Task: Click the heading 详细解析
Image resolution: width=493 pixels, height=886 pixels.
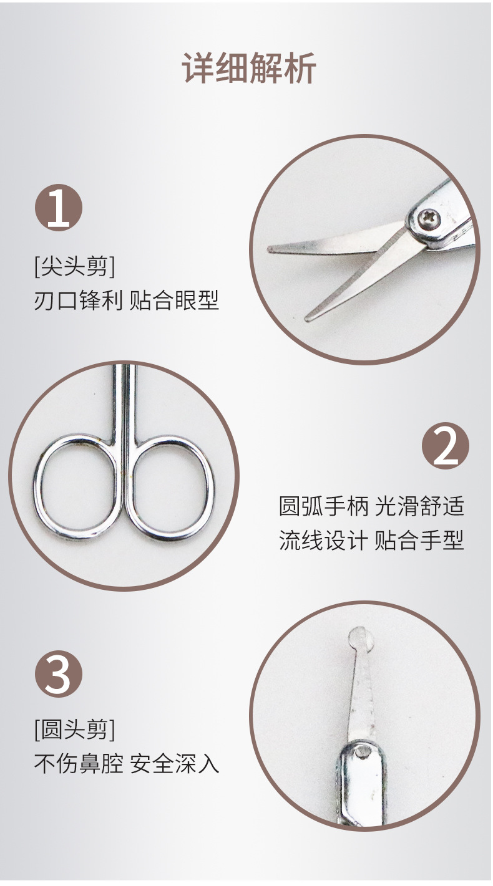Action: click(248, 69)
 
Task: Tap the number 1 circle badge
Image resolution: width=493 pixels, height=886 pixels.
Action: click(58, 208)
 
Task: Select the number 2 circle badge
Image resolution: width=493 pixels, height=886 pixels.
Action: click(446, 446)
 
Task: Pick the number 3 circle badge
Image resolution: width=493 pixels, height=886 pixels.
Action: click(58, 674)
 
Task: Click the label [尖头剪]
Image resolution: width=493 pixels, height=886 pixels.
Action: click(74, 267)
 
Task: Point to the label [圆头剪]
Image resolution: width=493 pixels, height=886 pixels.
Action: click(74, 729)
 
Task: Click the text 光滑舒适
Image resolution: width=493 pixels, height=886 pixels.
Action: click(420, 506)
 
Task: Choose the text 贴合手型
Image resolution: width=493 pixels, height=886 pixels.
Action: click(420, 539)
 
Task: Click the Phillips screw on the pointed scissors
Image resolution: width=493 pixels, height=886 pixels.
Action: click(429, 219)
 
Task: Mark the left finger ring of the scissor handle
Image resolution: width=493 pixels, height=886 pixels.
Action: click(77, 488)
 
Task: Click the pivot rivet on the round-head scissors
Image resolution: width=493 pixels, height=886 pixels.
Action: click(359, 753)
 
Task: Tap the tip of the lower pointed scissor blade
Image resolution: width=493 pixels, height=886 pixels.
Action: click(309, 318)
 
